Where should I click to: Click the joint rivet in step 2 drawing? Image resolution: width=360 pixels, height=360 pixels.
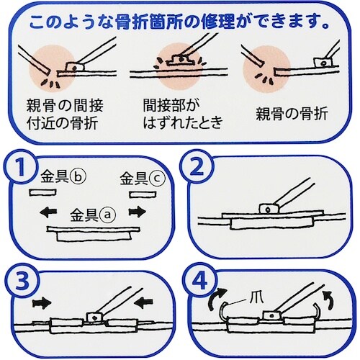[x=266, y=208]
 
